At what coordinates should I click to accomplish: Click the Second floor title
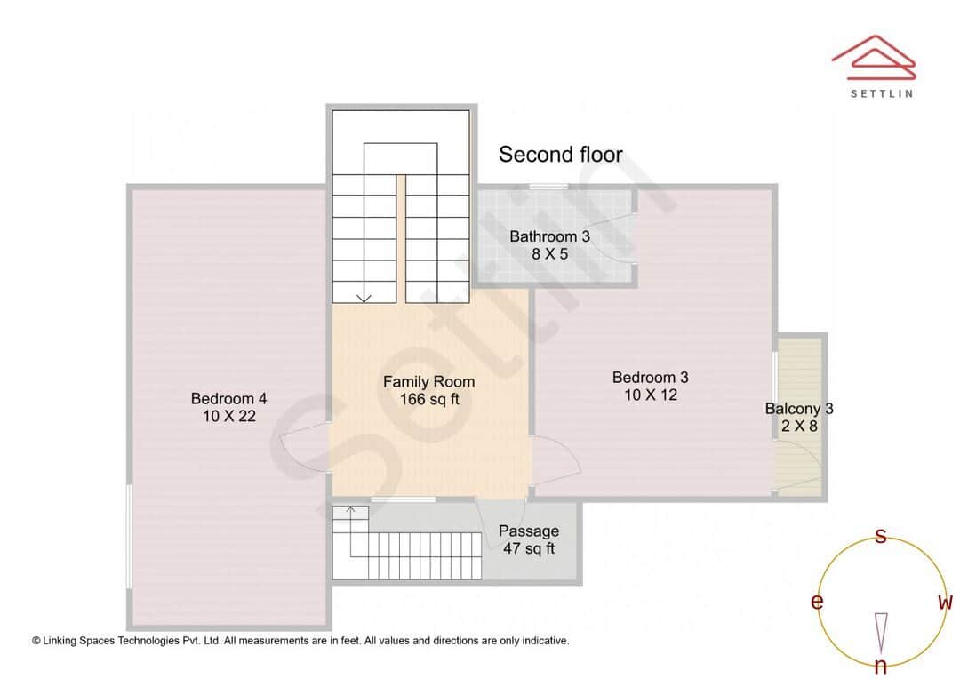(x=560, y=155)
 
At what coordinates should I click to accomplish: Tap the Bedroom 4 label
(x=228, y=398)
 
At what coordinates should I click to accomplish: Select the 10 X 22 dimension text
(x=228, y=415)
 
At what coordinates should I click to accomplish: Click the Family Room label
(x=428, y=382)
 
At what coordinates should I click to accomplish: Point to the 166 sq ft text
(x=428, y=399)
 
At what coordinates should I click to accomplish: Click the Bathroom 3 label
(x=549, y=236)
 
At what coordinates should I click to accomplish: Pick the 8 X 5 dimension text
(x=549, y=254)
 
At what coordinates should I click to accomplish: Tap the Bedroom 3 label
(x=650, y=378)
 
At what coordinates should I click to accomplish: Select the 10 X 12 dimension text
(x=650, y=395)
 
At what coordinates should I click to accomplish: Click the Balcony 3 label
(x=799, y=409)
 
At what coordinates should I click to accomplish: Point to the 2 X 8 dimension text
(x=799, y=426)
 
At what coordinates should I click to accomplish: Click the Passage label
(x=529, y=531)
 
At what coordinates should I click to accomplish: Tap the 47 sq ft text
(x=529, y=548)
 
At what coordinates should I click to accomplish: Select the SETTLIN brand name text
(x=881, y=92)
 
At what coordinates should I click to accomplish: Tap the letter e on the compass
(x=816, y=603)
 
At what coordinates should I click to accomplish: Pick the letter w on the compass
(x=945, y=603)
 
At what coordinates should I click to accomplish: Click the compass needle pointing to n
(x=881, y=632)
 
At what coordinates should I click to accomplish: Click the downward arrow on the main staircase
(x=363, y=297)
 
